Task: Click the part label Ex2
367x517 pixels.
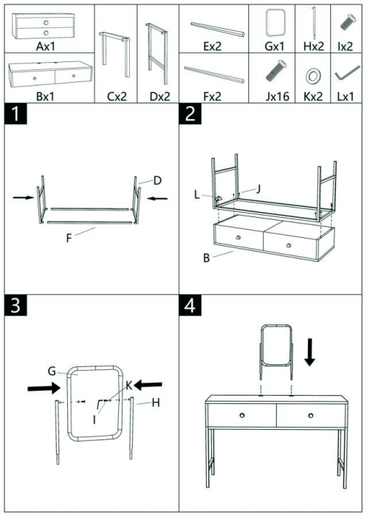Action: tap(214, 46)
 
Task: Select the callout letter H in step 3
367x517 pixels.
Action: tap(157, 403)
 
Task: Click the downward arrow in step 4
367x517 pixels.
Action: tap(310, 353)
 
